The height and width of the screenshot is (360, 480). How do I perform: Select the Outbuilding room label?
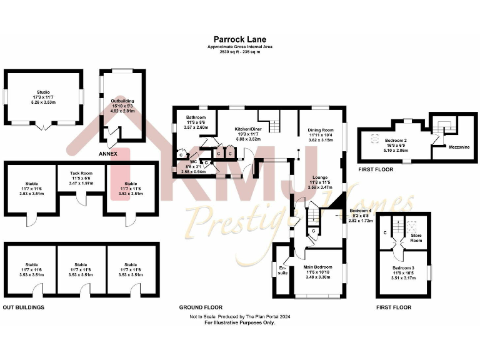[x=122, y=101]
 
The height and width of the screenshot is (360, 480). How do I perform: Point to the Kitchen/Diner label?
[x=246, y=129]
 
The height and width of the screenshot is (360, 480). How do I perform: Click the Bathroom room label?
[x=195, y=117]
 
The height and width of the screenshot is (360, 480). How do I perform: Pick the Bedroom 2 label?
[x=396, y=141]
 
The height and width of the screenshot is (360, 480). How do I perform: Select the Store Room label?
[x=416, y=237]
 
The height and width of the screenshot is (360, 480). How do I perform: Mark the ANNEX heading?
[x=108, y=153]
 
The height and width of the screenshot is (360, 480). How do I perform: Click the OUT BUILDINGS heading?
[x=24, y=307]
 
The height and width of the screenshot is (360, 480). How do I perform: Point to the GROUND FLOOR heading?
[x=201, y=307]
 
